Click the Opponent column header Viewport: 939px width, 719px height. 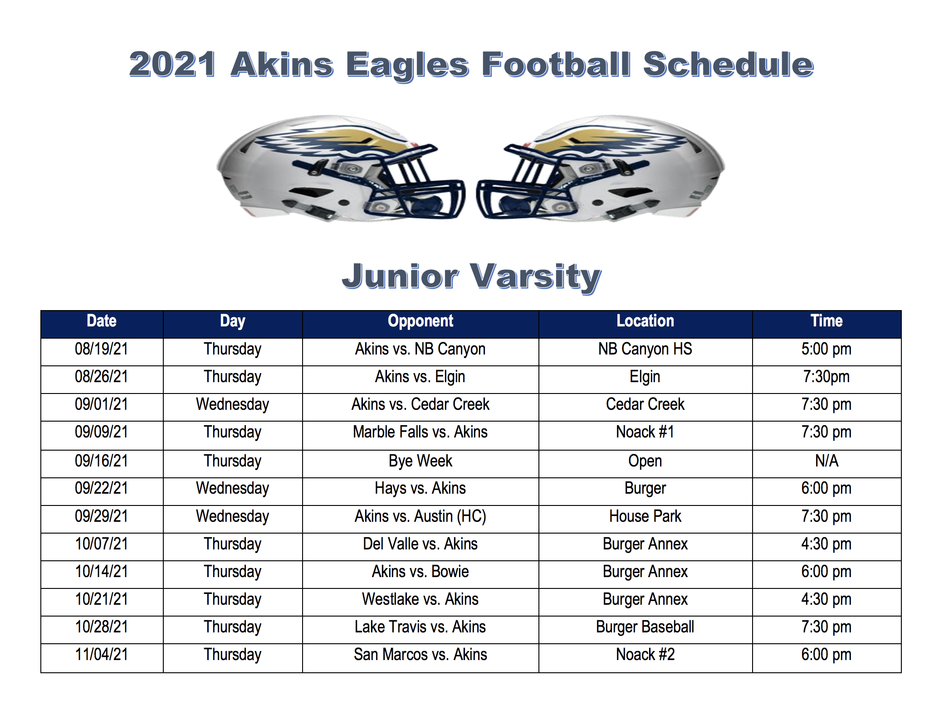coord(421,321)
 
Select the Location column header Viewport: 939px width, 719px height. coord(645,321)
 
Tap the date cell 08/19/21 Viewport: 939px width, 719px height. coord(102,349)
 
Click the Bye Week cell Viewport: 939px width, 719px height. coord(421,461)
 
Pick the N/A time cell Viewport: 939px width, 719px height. coord(827,461)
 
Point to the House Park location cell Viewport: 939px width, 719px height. coord(645,516)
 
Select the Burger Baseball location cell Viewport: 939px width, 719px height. coord(645,627)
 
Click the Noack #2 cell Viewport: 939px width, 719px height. coord(645,655)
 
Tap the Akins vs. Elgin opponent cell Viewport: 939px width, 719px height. coord(420,377)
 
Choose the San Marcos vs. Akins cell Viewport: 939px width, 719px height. coord(421,655)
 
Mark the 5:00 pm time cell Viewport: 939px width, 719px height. coord(827,349)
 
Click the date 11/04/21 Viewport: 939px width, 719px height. coord(102,655)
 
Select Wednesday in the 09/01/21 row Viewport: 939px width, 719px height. coord(233,404)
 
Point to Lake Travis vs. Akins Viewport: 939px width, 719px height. coord(421,627)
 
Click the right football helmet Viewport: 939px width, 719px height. coord(601,168)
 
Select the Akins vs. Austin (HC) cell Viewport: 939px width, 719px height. coord(421,516)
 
